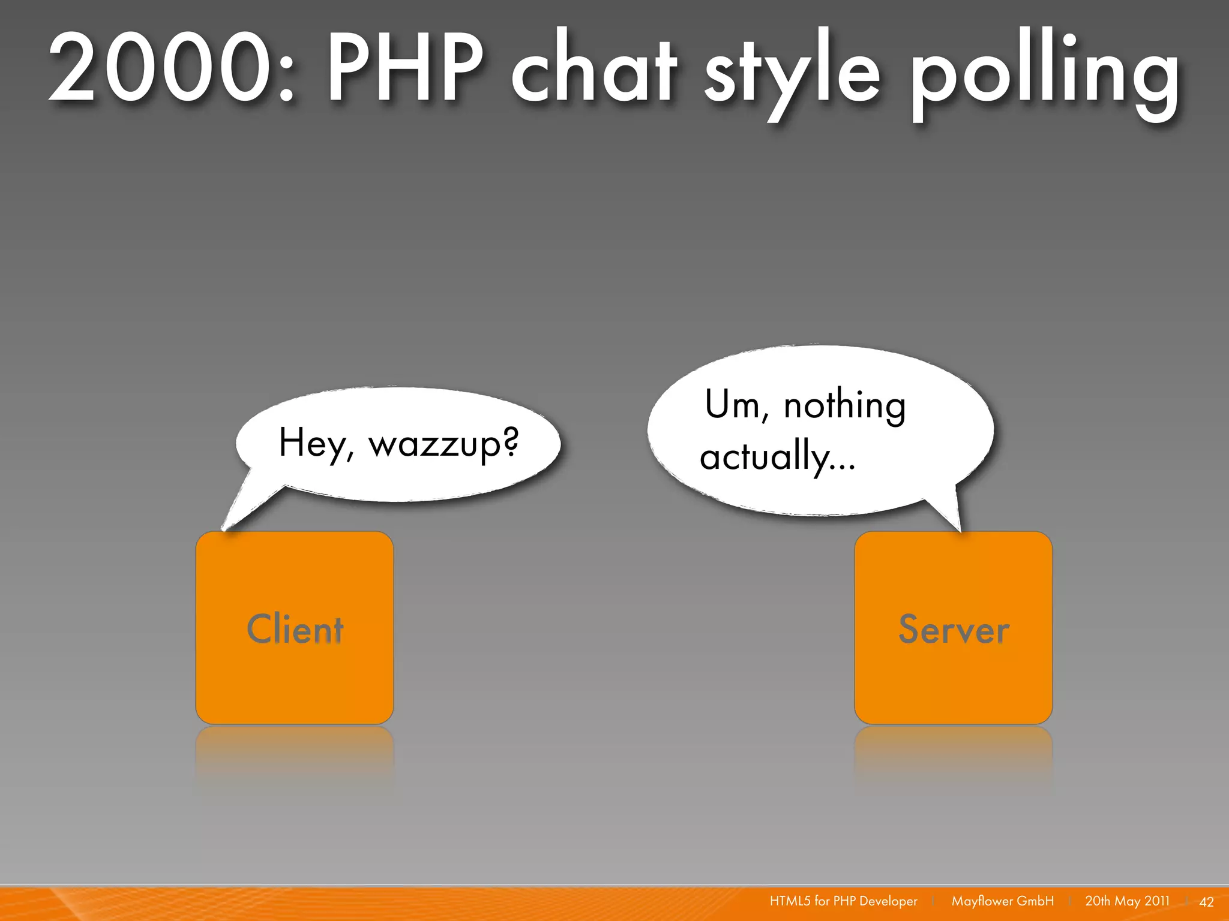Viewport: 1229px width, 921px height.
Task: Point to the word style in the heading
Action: click(792, 72)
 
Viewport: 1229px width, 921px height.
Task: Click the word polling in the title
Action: click(1044, 72)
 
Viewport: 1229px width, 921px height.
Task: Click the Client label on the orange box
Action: click(295, 630)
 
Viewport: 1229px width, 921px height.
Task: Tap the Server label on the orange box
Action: click(954, 630)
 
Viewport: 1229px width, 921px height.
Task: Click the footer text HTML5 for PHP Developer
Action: click(843, 901)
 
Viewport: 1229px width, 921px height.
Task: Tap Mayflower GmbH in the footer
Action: click(1002, 901)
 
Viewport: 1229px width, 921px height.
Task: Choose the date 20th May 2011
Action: click(1127, 901)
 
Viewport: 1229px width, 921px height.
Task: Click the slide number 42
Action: click(1206, 902)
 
